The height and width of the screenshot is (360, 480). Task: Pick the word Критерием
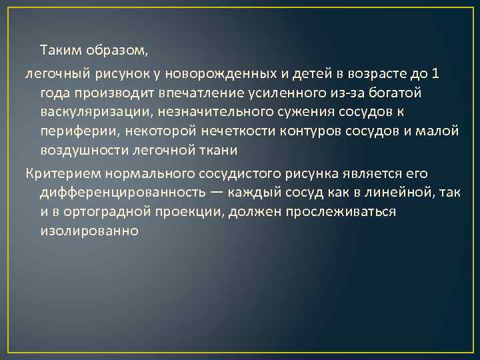[x=57, y=174]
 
